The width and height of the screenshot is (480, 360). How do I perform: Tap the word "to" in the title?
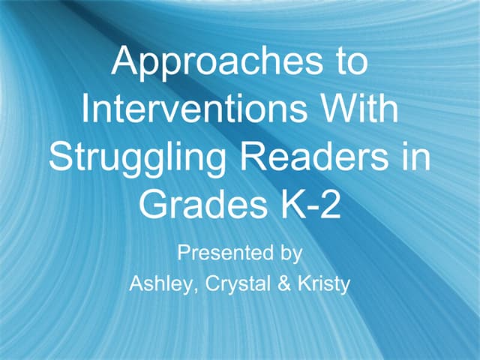tap(347, 63)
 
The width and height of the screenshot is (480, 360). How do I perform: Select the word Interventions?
tap(192, 110)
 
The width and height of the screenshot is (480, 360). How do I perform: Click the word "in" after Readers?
tap(416, 159)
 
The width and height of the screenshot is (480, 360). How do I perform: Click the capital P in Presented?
tap(183, 253)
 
